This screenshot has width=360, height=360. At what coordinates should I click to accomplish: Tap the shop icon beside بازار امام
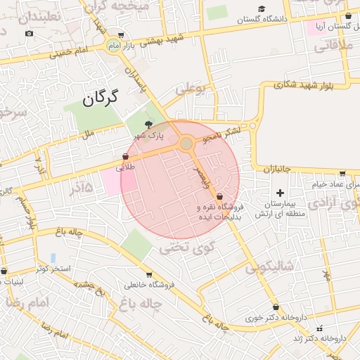pyautogui.click(x=121, y=35)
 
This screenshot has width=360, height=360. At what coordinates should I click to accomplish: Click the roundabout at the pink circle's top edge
pyautogui.click(x=186, y=143)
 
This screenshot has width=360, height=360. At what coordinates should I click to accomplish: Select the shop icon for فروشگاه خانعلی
pyautogui.click(x=148, y=275)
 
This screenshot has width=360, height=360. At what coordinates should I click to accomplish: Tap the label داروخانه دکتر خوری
pyautogui.click(x=270, y=318)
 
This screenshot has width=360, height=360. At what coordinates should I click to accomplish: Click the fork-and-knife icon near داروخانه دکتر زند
pyautogui.click(x=321, y=328)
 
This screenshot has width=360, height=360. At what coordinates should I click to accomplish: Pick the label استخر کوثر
pyautogui.click(x=49, y=269)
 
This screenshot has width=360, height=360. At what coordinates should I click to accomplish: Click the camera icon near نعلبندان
pyautogui.click(x=29, y=33)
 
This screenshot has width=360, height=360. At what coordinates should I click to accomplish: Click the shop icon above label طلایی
pyautogui.click(x=126, y=156)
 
